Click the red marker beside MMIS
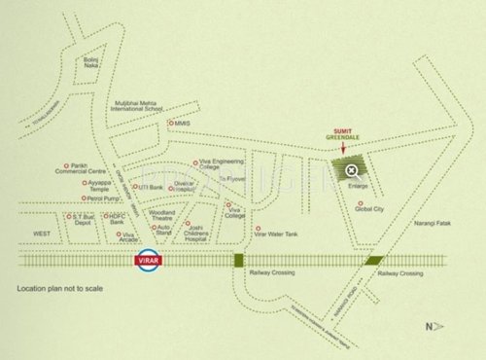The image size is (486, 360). [170, 124]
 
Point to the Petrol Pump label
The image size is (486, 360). [101, 198]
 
